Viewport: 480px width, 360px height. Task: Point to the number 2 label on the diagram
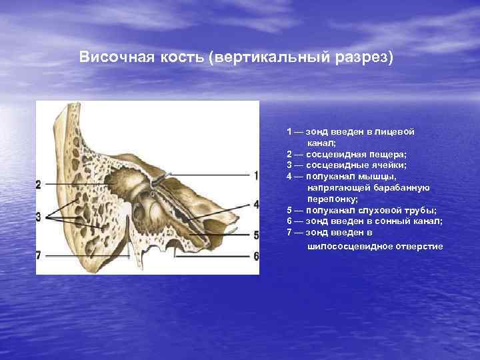39,184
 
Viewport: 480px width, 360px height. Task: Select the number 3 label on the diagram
39,216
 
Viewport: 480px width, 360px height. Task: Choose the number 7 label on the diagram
39,255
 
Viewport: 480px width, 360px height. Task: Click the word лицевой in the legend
399,132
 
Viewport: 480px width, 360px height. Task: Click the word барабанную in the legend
406,187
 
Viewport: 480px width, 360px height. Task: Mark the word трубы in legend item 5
420,210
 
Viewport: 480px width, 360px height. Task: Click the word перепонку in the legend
332,199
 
